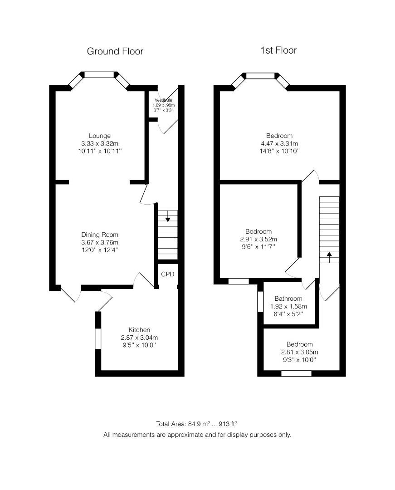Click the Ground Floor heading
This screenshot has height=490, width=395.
point(115,51)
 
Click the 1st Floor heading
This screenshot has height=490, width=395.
point(278,50)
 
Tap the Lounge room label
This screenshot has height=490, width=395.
point(100,136)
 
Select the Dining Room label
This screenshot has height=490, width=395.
point(100,235)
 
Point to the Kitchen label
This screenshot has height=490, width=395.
point(139,330)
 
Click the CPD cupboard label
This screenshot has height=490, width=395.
point(168,274)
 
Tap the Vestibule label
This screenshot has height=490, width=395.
point(163,100)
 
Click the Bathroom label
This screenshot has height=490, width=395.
point(288,299)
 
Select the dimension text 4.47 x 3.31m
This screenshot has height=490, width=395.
point(279,144)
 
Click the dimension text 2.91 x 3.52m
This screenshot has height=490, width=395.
point(258,240)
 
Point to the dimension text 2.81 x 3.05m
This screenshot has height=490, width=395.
point(299,352)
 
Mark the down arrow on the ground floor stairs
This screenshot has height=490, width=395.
point(168,216)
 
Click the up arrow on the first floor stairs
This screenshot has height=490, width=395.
point(329,257)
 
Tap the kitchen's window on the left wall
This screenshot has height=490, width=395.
point(98,339)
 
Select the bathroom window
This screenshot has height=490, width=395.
point(260,302)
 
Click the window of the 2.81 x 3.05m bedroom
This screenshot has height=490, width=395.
point(296,373)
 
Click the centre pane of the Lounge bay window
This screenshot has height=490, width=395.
point(100,75)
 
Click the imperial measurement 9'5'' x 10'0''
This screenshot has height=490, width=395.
point(139,345)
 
